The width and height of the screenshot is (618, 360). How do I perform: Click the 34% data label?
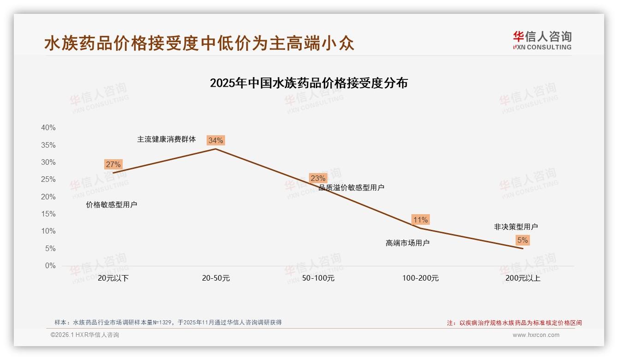[x=215, y=140]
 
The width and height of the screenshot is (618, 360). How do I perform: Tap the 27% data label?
[x=113, y=164]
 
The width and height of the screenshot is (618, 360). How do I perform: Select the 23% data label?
[x=318, y=178]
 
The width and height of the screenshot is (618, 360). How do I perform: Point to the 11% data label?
[x=420, y=220]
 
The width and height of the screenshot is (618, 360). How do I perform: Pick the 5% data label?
[x=523, y=240]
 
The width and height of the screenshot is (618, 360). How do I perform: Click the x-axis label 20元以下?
[x=113, y=278]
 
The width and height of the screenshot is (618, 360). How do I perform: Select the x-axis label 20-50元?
[x=215, y=278]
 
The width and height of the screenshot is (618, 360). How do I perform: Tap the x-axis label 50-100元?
[x=318, y=278]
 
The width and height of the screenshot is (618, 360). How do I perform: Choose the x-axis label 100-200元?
[x=420, y=278]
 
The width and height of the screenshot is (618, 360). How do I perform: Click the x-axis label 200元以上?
[x=523, y=278]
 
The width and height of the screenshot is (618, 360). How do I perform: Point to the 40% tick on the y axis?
[x=48, y=128]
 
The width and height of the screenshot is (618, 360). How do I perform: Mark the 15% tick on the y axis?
[x=48, y=214]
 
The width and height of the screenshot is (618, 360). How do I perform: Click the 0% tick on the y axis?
[x=50, y=266]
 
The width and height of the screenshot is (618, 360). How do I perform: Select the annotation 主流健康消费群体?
[x=166, y=139]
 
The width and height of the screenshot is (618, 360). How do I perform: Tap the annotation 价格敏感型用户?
[x=112, y=204]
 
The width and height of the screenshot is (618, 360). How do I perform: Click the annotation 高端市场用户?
[x=408, y=243]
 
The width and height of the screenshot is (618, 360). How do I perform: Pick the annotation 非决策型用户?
[x=516, y=227]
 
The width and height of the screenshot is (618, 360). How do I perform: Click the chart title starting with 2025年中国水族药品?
[x=309, y=83]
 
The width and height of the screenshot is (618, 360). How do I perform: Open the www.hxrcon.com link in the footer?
[x=536, y=335]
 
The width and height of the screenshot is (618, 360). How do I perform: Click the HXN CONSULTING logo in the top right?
[x=542, y=41]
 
